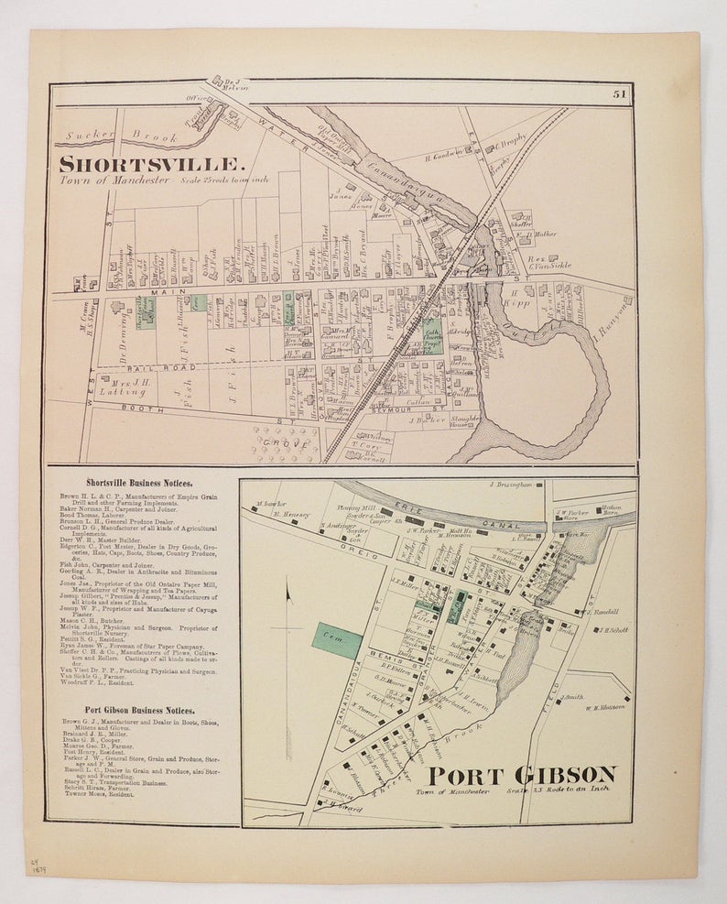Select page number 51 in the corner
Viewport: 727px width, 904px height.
pos(620,93)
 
